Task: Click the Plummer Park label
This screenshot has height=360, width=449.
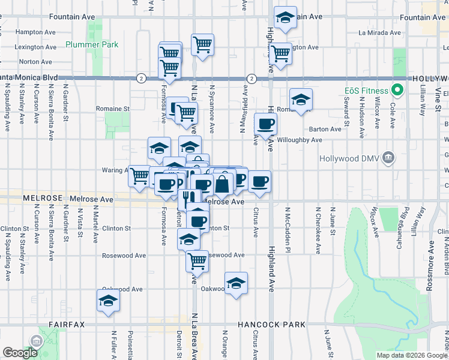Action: pos(92,44)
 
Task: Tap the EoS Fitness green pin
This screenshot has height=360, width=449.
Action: pos(396,91)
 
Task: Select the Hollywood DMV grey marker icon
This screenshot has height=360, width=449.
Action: pos(389,158)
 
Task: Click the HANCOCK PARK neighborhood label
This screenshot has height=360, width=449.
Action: pos(271,325)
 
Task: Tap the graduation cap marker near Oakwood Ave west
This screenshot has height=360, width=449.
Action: pos(108,302)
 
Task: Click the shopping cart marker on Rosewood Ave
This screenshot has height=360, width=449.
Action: pos(197,261)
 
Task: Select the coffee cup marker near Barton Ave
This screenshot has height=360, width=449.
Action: pos(265,124)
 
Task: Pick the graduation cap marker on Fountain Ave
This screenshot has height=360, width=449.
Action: pos(285,18)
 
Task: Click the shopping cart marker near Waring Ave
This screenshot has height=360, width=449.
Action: pos(139,176)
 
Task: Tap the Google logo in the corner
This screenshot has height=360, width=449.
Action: pos(20,353)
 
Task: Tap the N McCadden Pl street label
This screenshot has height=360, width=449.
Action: pos(288,223)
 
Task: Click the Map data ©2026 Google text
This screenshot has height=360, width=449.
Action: pos(412,355)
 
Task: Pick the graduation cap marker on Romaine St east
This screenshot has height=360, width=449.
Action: pos(301,100)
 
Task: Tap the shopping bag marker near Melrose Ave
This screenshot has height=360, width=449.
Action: pos(222,183)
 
